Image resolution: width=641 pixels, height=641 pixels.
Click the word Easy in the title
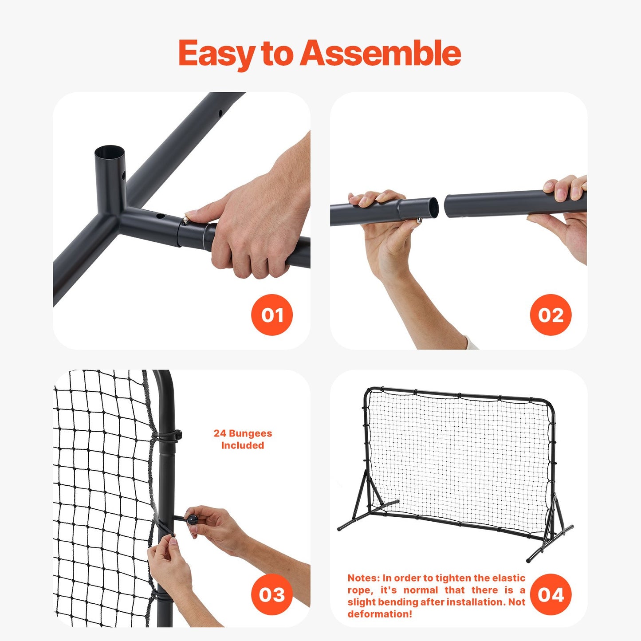(216, 54)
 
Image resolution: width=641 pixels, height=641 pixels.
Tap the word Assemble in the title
(381, 54)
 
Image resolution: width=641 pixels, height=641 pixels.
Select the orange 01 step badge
(271, 315)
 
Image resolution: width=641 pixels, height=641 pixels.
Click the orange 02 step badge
(551, 315)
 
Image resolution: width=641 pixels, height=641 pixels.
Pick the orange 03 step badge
(271, 594)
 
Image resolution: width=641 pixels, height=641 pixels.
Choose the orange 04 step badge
(551, 594)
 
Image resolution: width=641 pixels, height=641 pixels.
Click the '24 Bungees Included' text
(243, 439)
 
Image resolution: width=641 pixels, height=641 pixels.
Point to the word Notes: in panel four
(364, 578)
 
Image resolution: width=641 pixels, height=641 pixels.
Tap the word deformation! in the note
(380, 614)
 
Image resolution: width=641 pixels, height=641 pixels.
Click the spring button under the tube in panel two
(419, 220)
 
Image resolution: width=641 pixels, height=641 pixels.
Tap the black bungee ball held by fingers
(192, 519)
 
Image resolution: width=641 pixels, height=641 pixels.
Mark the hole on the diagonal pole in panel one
(220, 114)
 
